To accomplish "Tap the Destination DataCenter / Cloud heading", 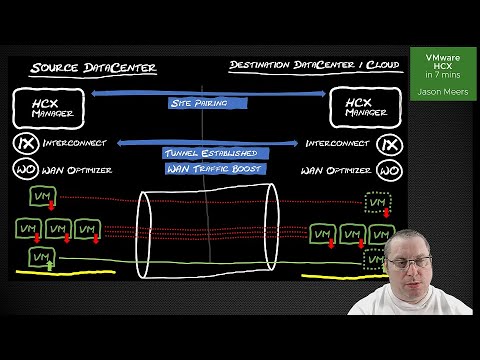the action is tap(314, 66).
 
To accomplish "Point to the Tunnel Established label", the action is tap(209, 153).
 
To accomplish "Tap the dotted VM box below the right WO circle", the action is tap(377, 203).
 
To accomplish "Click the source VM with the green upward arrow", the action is tap(41, 259).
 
